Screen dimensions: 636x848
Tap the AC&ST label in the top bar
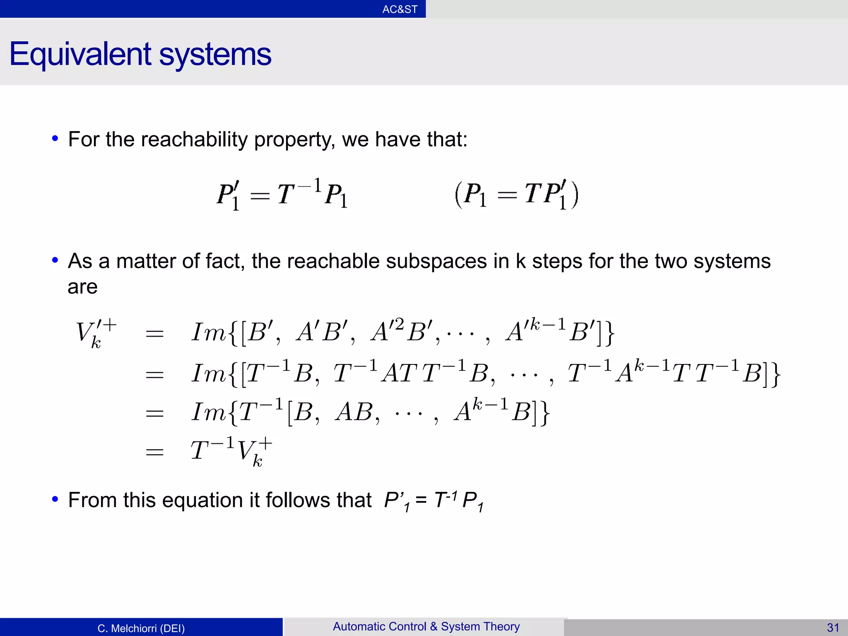pyautogui.click(x=400, y=9)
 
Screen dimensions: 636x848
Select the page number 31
pyautogui.click(x=833, y=628)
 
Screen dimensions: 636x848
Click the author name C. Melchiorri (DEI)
pyautogui.click(x=141, y=628)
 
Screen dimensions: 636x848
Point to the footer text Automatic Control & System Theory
pyautogui.click(x=426, y=626)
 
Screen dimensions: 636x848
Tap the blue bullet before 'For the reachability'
pyautogui.click(x=55, y=139)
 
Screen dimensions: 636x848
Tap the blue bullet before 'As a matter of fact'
pyautogui.click(x=55, y=261)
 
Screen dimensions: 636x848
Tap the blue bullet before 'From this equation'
pyautogui.click(x=55, y=499)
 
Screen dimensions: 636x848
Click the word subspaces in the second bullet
pyautogui.click(x=436, y=262)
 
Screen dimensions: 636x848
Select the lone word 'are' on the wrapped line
pyautogui.click(x=82, y=287)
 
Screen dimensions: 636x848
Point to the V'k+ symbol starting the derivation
pyautogui.click(x=96, y=334)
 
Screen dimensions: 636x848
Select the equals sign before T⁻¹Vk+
pyautogui.click(x=155, y=452)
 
